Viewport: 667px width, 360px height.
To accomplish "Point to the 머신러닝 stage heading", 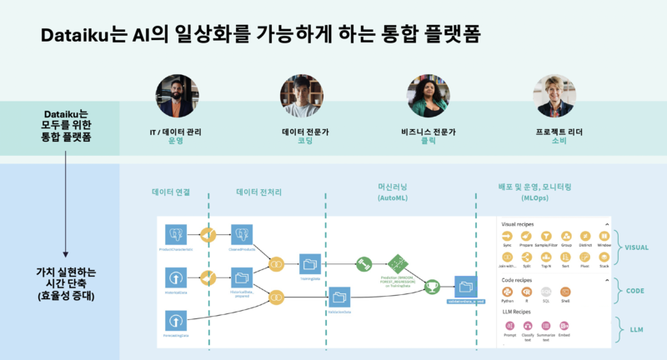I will pos(391,189).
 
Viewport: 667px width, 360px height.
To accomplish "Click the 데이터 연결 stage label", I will pos(171,192).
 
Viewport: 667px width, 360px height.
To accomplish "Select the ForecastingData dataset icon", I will pos(175,320).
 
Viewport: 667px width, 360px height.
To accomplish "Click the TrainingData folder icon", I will pos(309,263).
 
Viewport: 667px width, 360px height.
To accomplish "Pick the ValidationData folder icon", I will pos(340,295).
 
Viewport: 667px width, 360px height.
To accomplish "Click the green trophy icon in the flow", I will pos(432,287).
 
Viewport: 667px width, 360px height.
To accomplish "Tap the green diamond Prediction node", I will pos(394,262).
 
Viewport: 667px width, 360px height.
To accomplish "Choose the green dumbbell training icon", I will pos(364,262).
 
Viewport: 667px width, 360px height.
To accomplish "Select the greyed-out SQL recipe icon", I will pos(546,292).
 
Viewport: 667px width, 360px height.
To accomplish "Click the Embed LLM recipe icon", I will pos(566,327).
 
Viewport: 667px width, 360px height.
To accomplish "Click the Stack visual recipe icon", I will pos(604,258).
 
